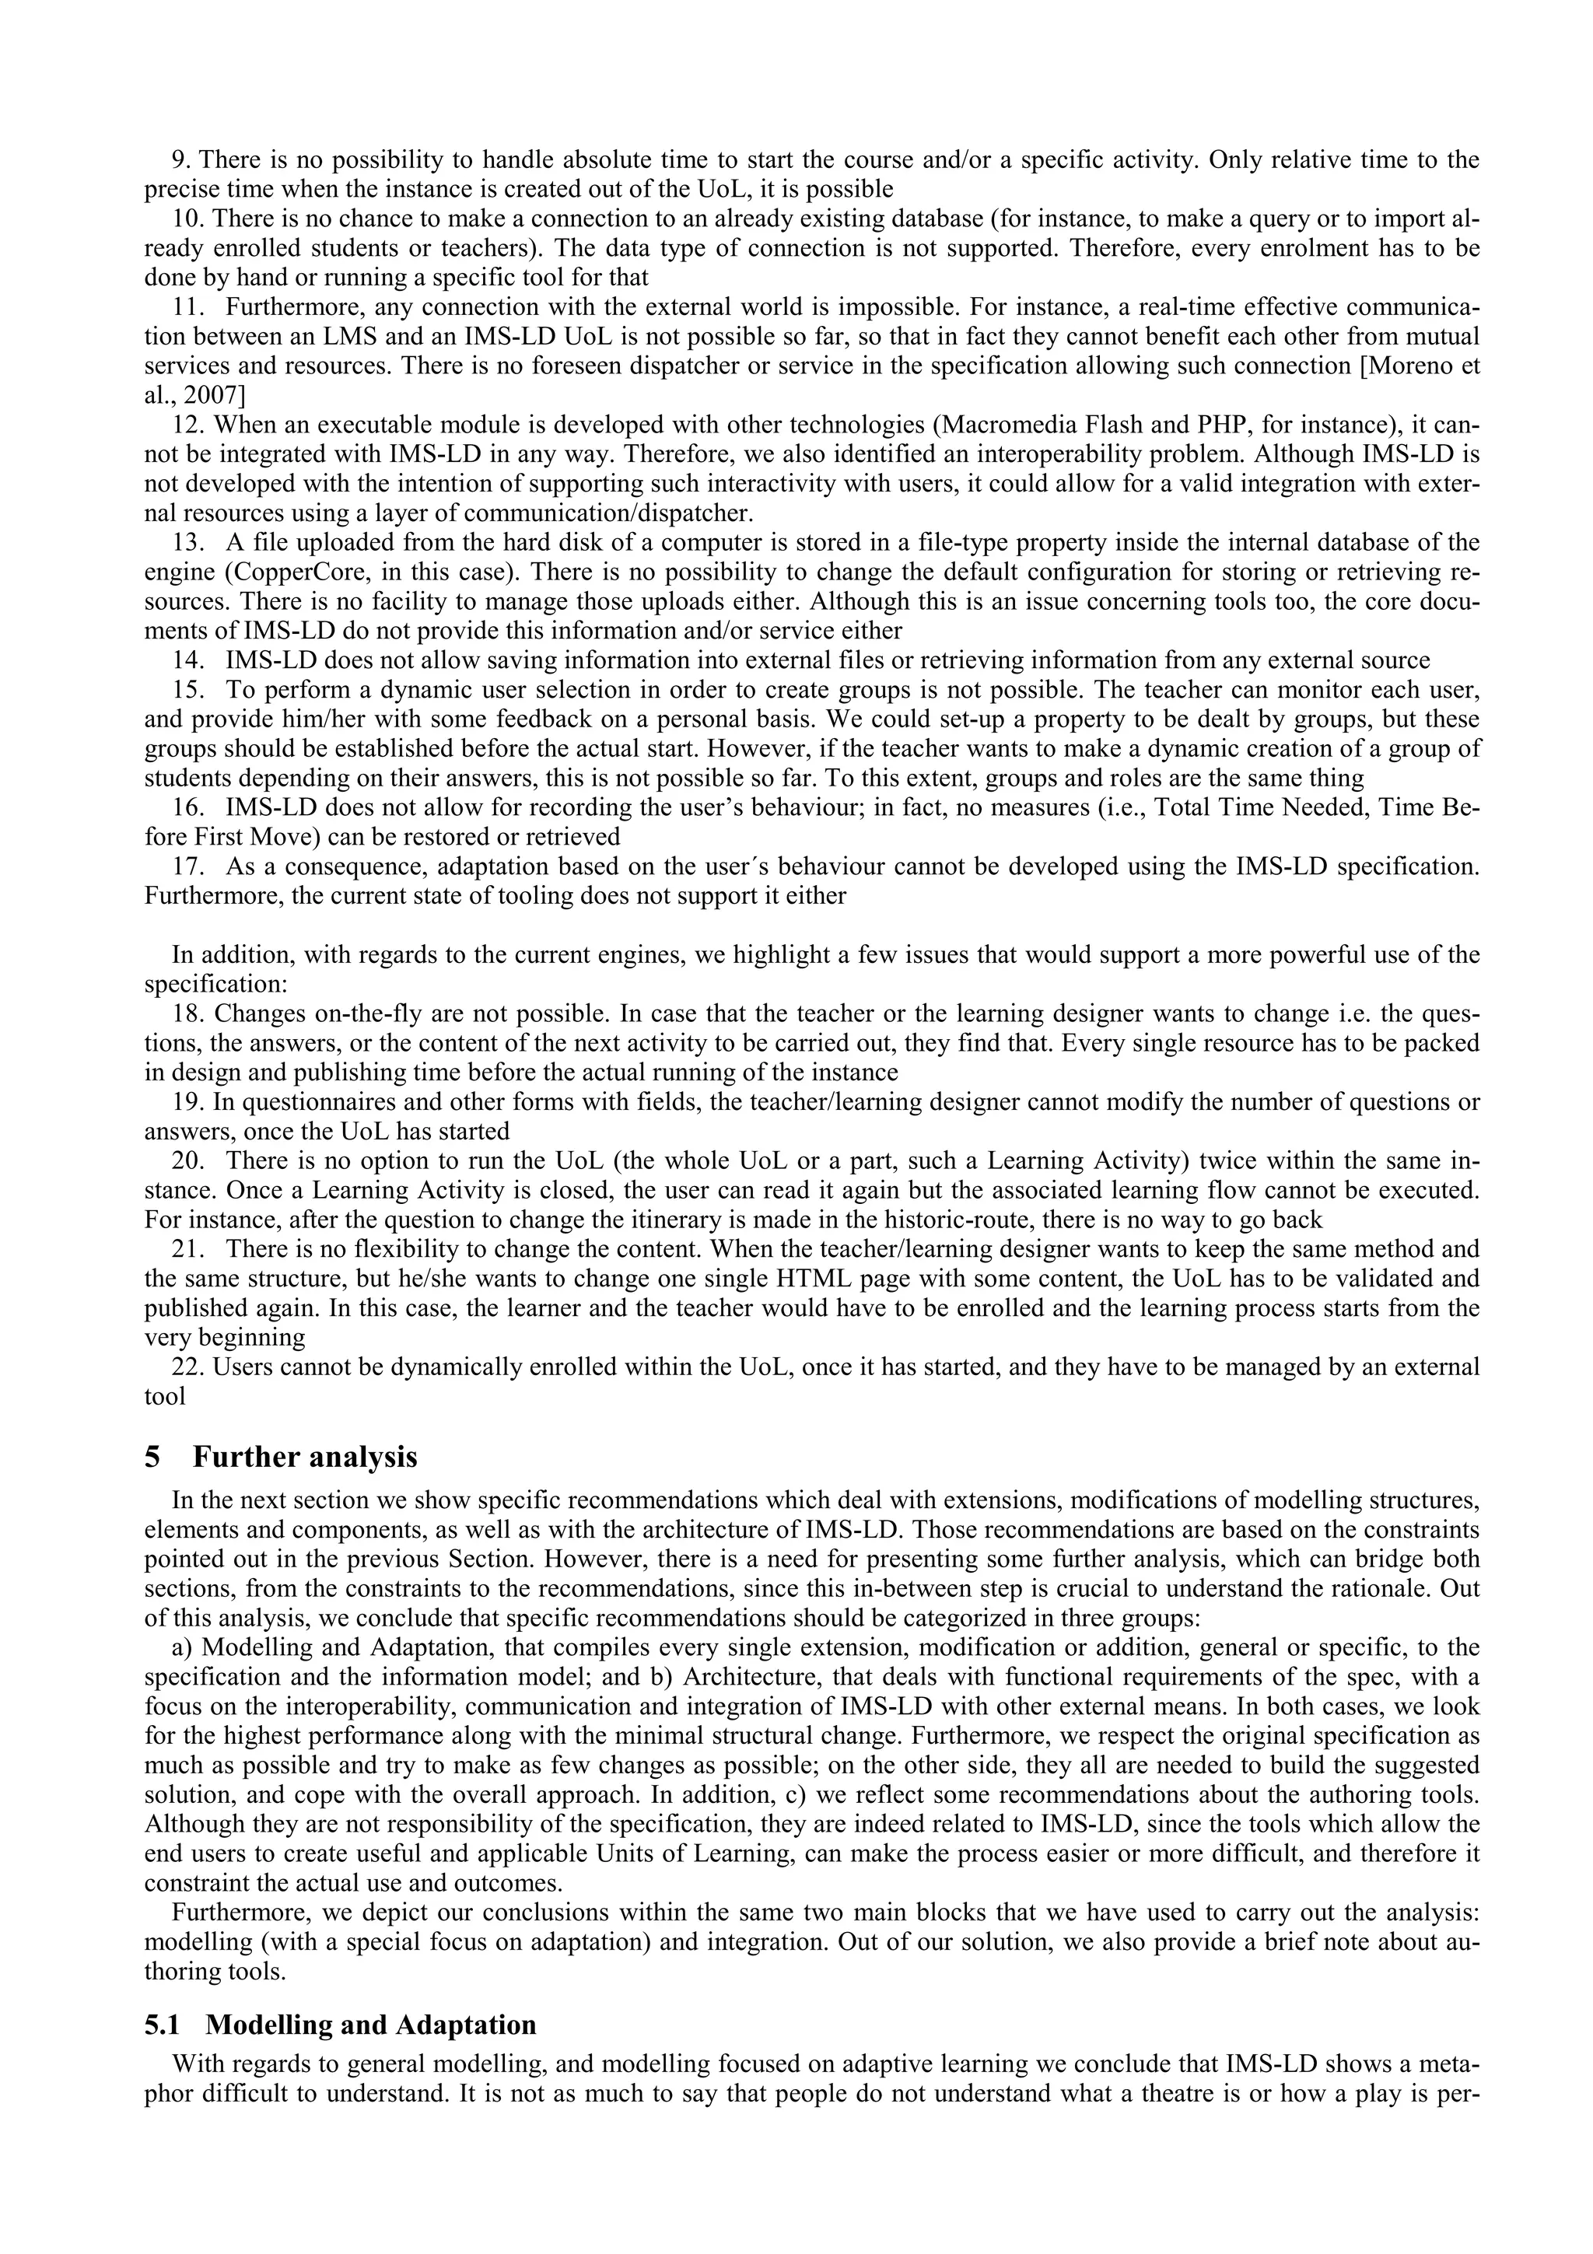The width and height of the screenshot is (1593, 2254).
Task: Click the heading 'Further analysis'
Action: click(x=304, y=1457)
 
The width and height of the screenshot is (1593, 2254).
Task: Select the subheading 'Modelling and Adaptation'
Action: click(x=371, y=2025)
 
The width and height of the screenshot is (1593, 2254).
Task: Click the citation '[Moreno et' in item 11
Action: click(x=1410, y=366)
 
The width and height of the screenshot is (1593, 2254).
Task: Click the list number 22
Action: click(x=187, y=1367)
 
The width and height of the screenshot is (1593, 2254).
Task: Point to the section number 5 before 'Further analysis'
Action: click(x=152, y=1458)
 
